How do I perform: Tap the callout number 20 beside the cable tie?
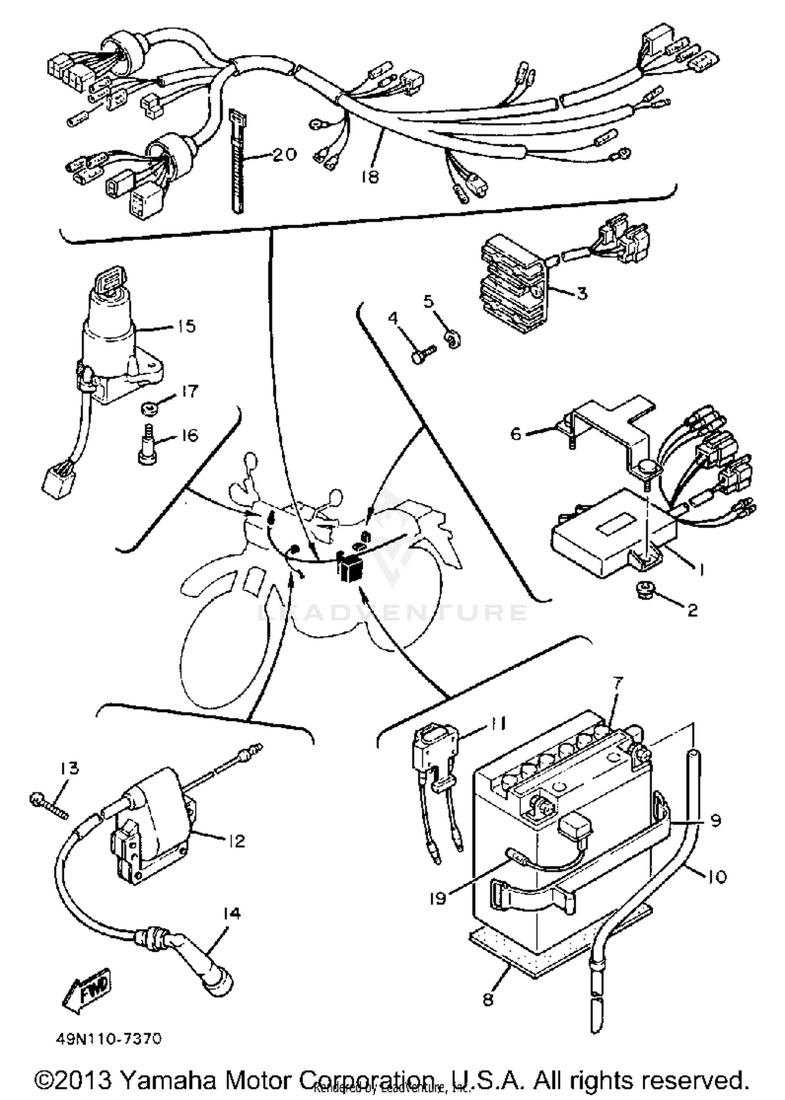284,154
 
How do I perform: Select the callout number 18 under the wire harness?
369,177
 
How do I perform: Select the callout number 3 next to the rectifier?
582,293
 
